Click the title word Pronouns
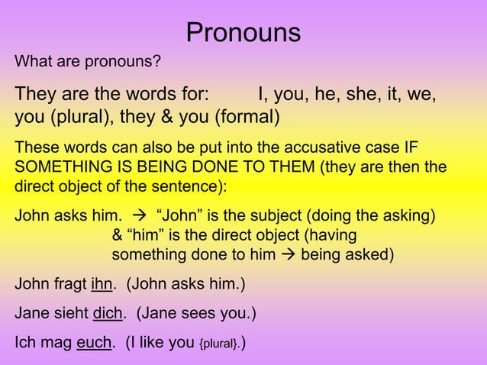(x=243, y=33)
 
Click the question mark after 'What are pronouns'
(x=157, y=61)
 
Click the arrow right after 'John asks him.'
(x=139, y=216)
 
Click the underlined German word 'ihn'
(x=102, y=286)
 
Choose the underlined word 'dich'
(x=108, y=314)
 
